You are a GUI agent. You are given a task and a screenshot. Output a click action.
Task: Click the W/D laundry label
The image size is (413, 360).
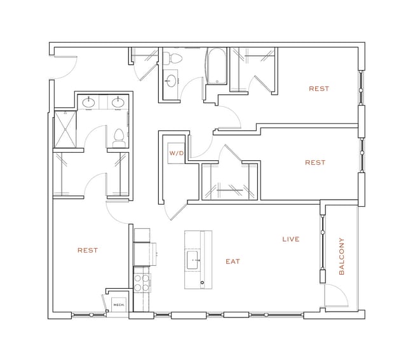click(x=177, y=153)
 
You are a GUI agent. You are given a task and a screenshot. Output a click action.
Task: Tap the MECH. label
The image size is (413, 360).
click(x=119, y=305)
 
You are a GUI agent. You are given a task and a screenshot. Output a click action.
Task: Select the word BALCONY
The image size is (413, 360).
click(x=342, y=256)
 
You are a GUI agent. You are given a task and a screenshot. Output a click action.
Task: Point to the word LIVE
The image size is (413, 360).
click(x=291, y=239)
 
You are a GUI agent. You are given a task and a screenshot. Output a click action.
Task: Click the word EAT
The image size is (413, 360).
click(x=233, y=261)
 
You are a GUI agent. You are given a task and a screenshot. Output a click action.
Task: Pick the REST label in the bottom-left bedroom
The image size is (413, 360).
click(x=88, y=250)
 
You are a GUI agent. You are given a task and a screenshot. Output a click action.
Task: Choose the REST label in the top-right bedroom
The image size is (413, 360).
click(x=319, y=88)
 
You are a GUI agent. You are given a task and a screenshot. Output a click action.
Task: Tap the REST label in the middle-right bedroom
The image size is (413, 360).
click(x=315, y=162)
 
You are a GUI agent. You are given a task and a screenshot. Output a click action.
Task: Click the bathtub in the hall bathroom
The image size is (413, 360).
click(x=216, y=66)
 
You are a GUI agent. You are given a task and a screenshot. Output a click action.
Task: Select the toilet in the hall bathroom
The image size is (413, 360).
click(x=173, y=58)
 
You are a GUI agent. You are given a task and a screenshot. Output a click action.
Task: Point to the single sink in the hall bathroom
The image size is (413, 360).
click(x=171, y=81)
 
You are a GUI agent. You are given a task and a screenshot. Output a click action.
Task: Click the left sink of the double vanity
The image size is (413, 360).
click(x=89, y=102)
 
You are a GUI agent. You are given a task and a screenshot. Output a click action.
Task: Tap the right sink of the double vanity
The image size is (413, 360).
click(x=118, y=102)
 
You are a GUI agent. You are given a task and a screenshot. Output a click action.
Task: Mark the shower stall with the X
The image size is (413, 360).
click(x=65, y=129)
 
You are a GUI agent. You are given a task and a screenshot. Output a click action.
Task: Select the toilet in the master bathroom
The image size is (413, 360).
click(x=119, y=138)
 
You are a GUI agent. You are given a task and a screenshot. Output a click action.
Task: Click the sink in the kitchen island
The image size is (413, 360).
click(x=193, y=260)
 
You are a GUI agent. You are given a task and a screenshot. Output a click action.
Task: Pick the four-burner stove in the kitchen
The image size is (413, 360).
click(x=142, y=283)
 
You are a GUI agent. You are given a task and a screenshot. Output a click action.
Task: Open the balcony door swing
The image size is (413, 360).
click(x=337, y=295)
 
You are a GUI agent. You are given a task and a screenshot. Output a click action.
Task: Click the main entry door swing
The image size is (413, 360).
click(x=65, y=67)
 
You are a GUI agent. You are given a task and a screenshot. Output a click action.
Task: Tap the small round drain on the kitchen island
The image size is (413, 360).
click(x=202, y=283)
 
